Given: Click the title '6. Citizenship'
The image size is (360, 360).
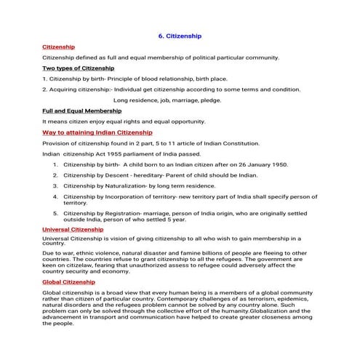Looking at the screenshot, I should [180, 35].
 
